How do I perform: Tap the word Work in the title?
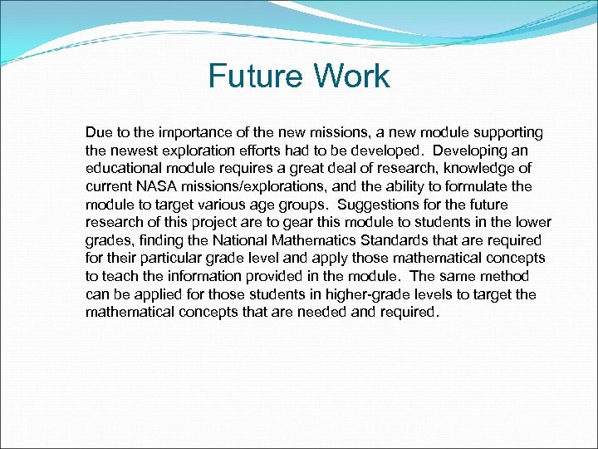[352, 76]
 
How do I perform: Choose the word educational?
[125, 169]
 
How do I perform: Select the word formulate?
[477, 186]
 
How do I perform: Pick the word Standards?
[414, 240]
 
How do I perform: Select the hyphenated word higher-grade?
[370, 294]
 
